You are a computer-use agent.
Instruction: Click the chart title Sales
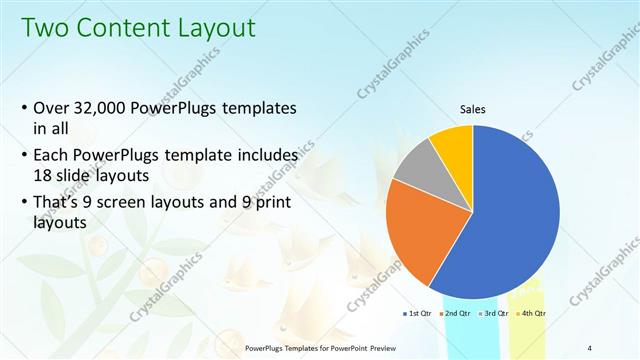(473, 109)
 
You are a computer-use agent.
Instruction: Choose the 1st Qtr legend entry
(415, 314)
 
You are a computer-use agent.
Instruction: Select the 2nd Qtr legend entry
(455, 314)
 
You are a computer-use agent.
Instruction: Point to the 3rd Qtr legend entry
(493, 314)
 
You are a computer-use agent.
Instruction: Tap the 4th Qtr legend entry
(530, 314)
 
